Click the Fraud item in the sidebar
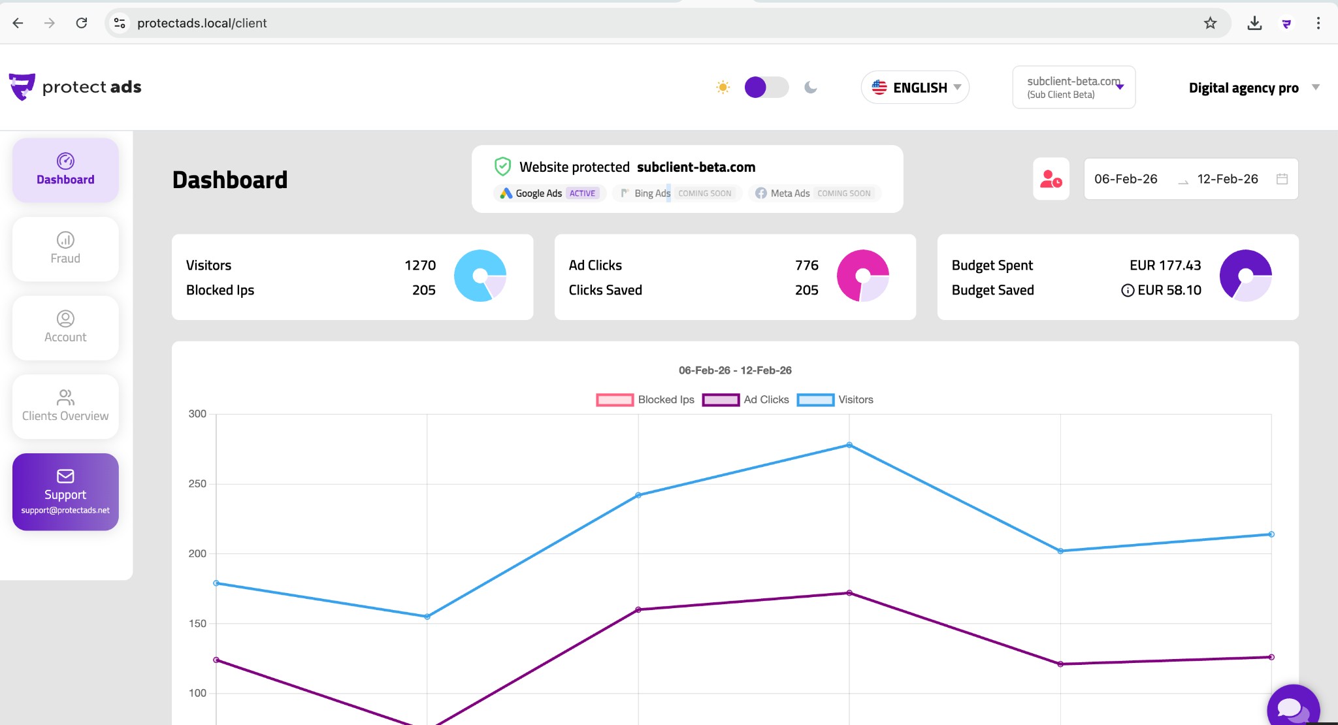tap(65, 249)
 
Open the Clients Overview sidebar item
tap(65, 406)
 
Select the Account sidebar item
tap(65, 327)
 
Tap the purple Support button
tap(65, 492)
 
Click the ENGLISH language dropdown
tap(915, 88)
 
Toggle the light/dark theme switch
tap(766, 88)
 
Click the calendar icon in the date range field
tap(1282, 179)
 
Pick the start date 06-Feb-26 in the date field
tap(1126, 179)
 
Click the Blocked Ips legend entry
tap(645, 400)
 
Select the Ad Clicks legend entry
tap(746, 400)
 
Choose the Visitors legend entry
tap(835, 400)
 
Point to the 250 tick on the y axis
tap(197, 484)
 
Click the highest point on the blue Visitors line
tap(849, 445)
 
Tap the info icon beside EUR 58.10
tap(1128, 291)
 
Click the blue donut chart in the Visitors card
tap(480, 276)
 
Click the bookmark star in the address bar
tap(1211, 24)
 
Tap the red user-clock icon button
tap(1051, 179)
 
